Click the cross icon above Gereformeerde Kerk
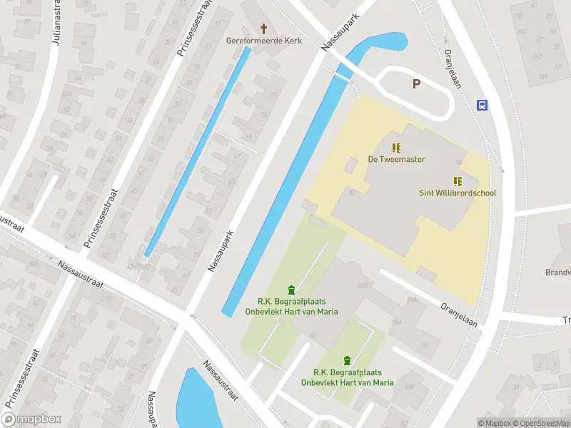coord(264,29)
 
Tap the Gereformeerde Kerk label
coord(264,41)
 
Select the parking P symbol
coord(416,84)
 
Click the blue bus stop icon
coord(482,105)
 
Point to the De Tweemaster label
coord(396,159)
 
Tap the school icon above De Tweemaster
coord(396,148)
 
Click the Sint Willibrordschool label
coord(458,193)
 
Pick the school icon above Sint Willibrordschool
coord(458,181)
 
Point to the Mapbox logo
coord(31,419)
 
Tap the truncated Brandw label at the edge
coord(557,272)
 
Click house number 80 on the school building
coord(352,191)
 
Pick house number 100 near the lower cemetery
coord(409,387)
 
